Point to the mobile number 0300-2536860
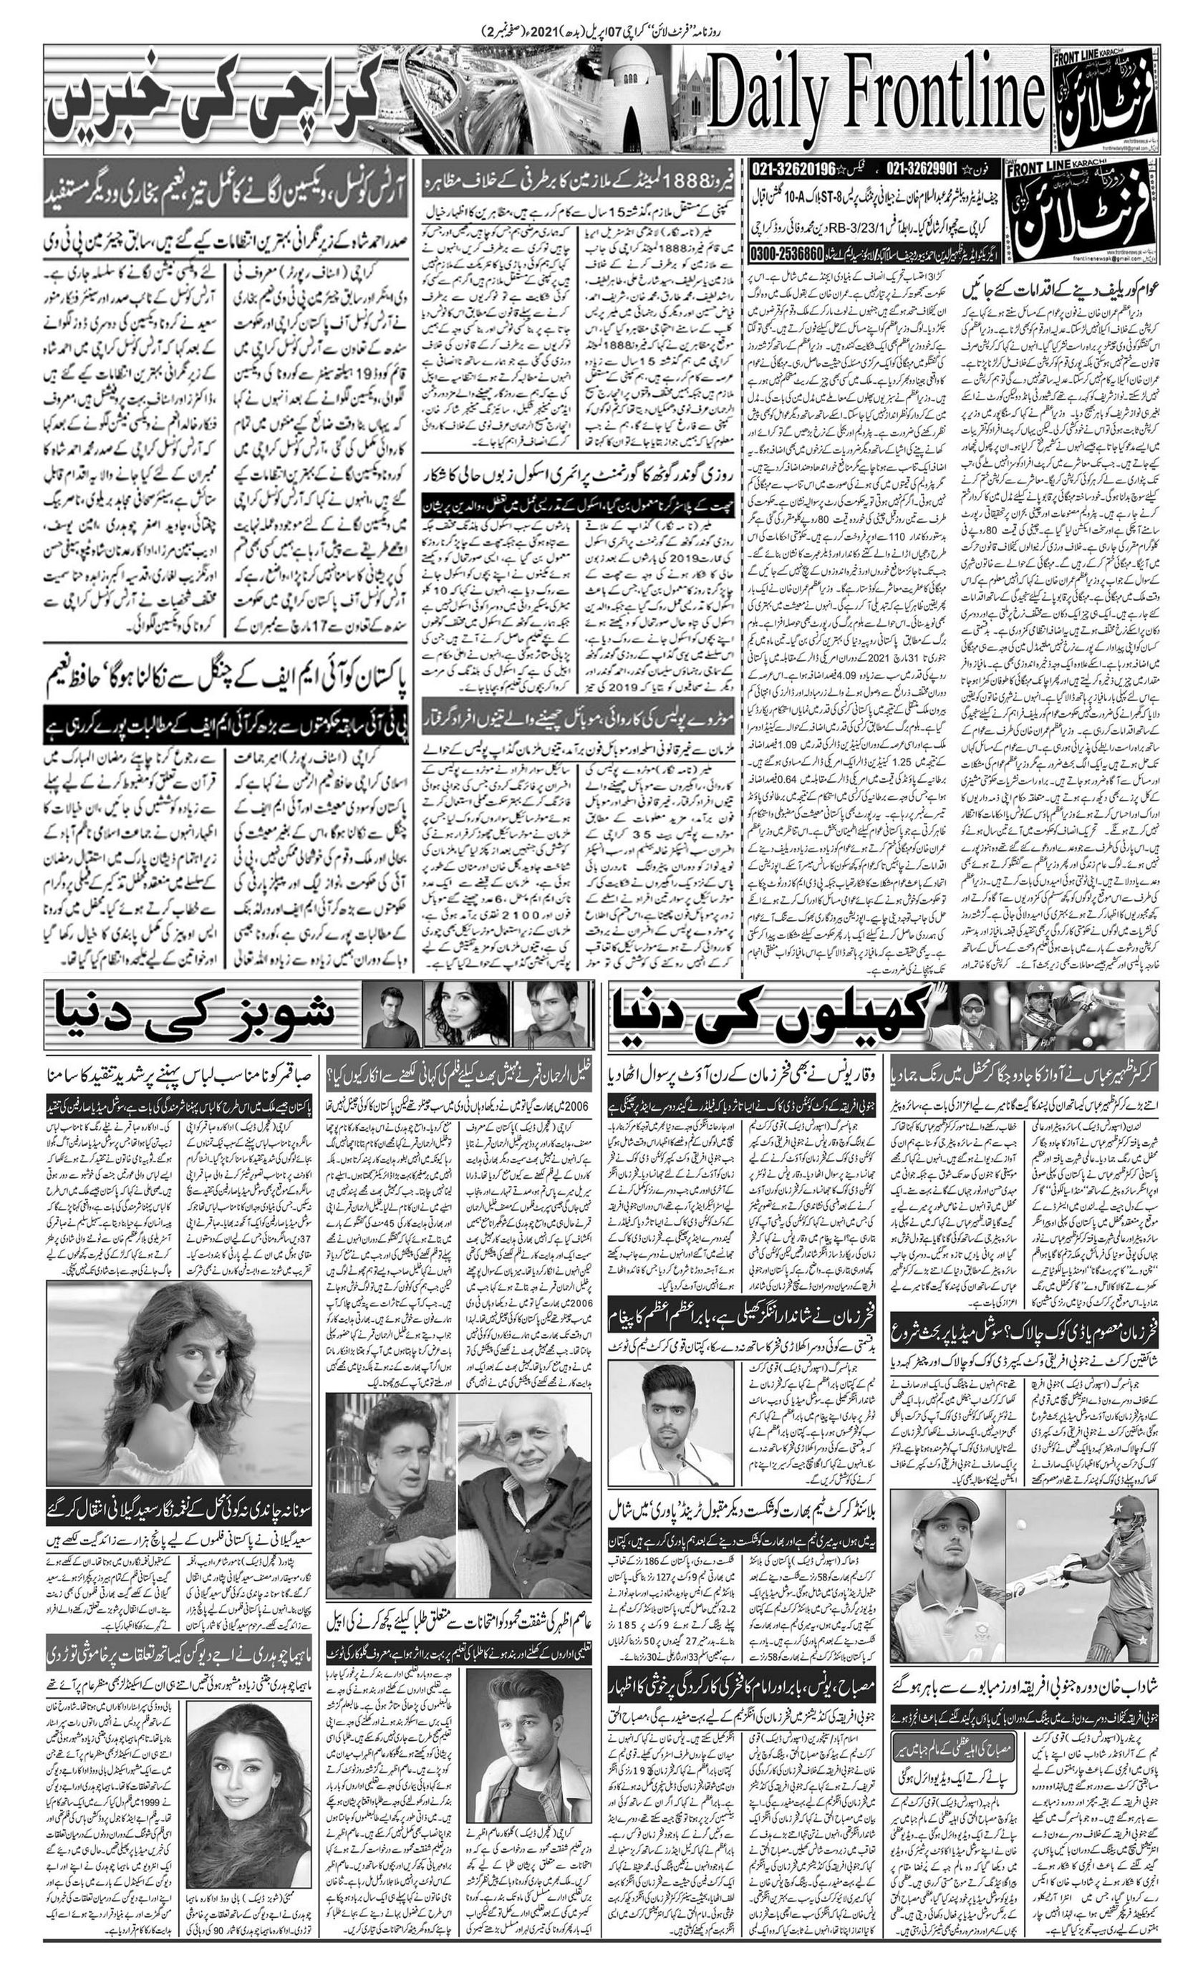[x=786, y=252]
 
